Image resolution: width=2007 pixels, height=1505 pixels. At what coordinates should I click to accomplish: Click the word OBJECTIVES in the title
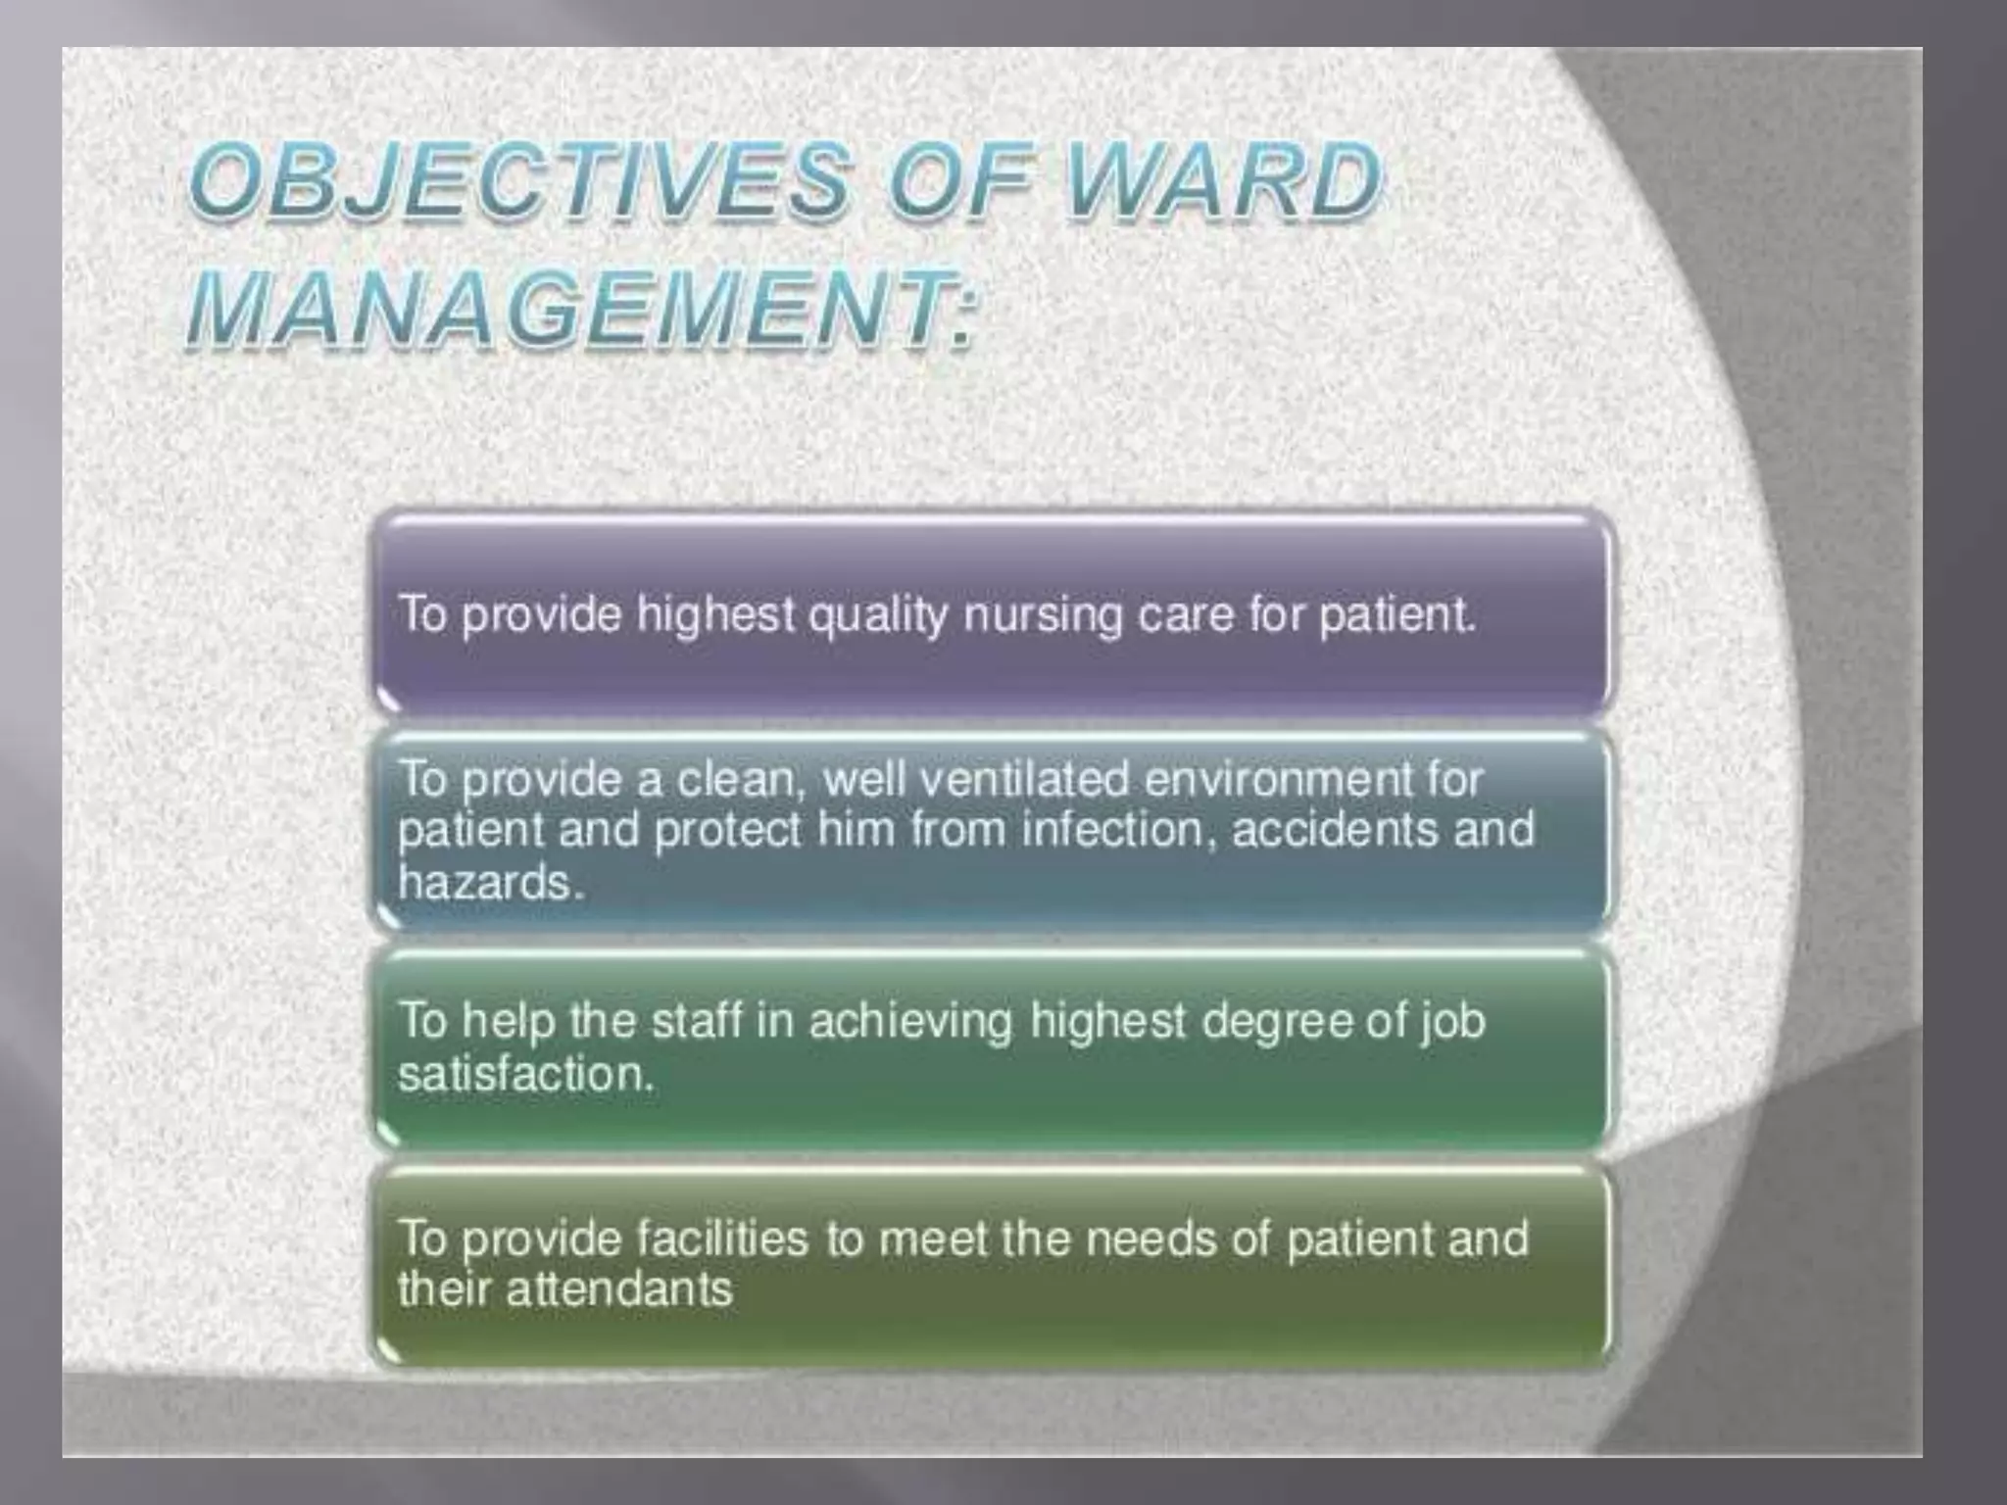(519, 181)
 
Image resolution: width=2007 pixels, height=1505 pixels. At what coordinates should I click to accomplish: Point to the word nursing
(1043, 616)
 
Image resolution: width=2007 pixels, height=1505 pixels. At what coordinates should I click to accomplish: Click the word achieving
(910, 1022)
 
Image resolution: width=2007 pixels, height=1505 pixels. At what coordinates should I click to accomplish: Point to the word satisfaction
(525, 1074)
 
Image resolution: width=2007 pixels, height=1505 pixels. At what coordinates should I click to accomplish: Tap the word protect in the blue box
(727, 831)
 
